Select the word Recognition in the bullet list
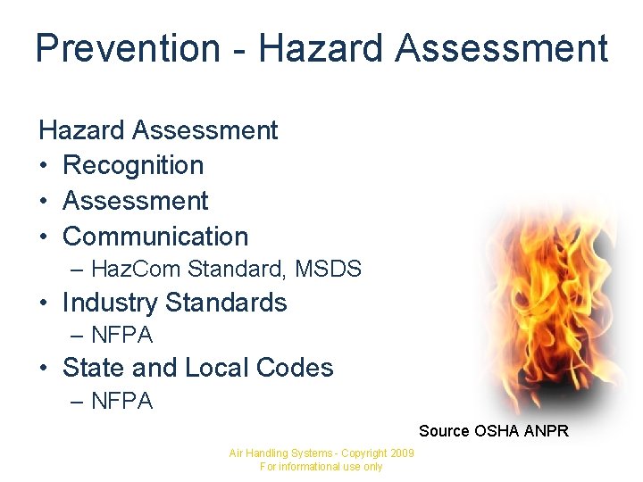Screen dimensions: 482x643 pos(133,165)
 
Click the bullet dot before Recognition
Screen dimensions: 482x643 pos(44,166)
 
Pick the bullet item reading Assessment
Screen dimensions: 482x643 pos(135,201)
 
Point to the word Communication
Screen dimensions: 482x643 pos(155,237)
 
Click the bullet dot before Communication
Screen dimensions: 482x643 pos(44,237)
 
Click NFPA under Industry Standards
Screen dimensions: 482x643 pos(122,336)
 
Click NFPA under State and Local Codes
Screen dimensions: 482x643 pos(122,402)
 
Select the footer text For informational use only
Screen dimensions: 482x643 pos(321,467)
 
